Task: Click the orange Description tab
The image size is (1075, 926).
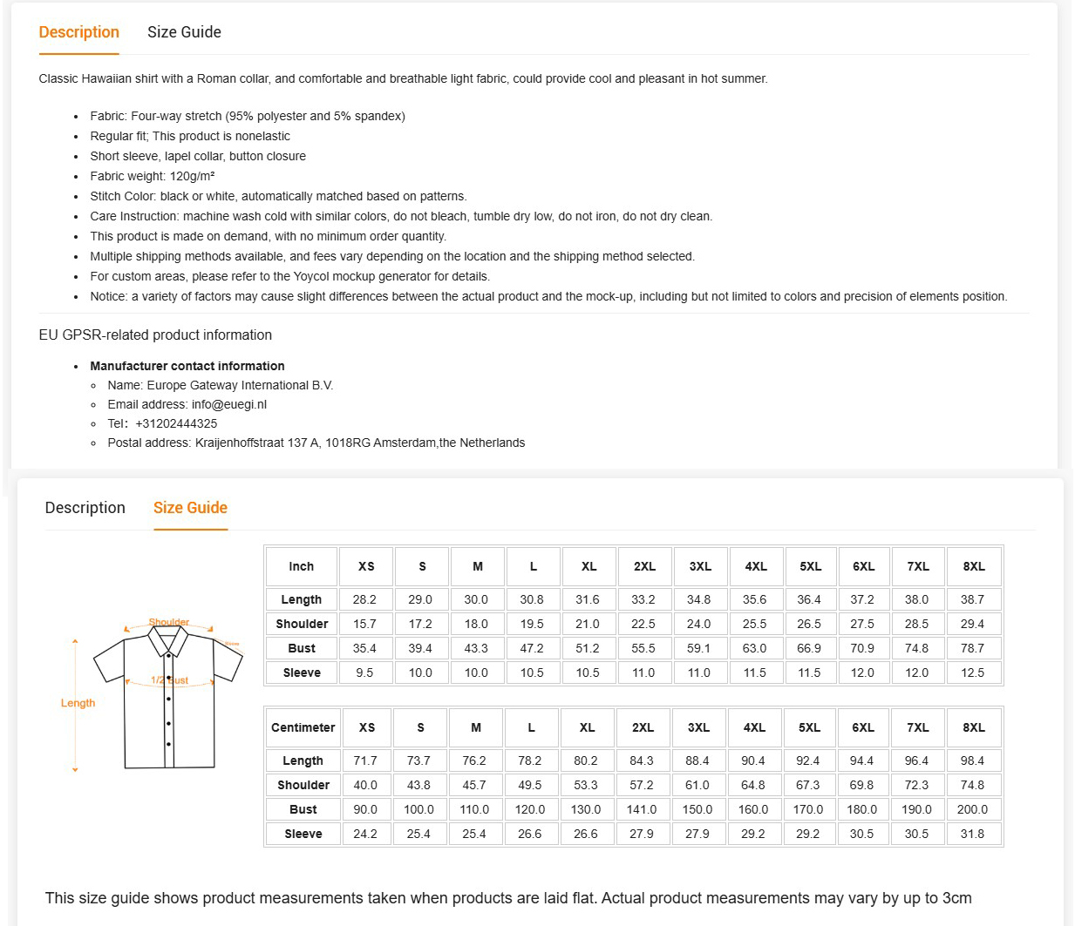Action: coord(78,32)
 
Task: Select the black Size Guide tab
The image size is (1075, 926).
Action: coord(184,32)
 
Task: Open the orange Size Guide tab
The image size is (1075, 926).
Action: coord(190,508)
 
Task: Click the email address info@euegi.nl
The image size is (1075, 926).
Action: coord(229,404)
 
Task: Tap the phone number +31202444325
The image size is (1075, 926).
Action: coord(176,423)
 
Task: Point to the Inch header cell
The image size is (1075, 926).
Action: coord(301,566)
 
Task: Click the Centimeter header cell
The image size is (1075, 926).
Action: coord(303,727)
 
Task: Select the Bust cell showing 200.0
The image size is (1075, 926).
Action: coord(972,809)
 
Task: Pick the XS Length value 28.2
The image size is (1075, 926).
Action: coord(364,599)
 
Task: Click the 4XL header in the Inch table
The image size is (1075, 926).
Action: coord(756,566)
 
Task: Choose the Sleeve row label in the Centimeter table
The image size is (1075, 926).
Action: coord(303,834)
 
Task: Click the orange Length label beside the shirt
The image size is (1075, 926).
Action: coord(78,703)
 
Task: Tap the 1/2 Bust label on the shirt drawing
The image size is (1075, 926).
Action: coord(170,680)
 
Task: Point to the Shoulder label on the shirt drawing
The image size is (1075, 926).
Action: coord(169,622)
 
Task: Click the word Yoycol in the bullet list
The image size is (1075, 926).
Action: coord(312,276)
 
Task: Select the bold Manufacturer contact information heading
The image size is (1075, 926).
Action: coord(187,366)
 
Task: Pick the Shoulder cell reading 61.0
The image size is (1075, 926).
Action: coord(697,785)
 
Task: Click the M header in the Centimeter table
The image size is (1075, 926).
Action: coord(476,727)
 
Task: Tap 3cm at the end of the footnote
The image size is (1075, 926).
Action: coord(957,898)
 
